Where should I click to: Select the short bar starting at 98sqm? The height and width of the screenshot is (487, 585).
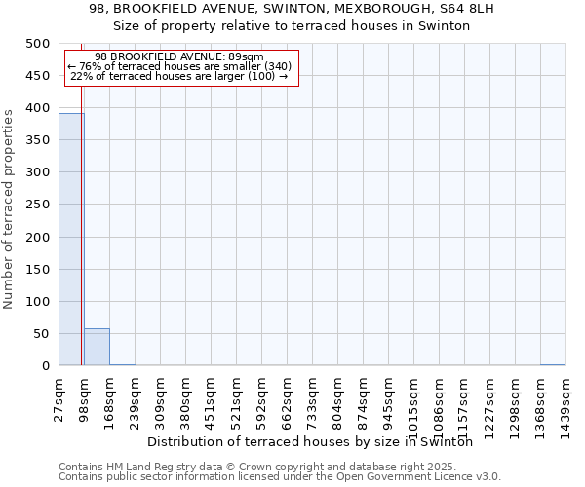pos(97,347)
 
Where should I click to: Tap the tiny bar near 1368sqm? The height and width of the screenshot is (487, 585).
pos(553,364)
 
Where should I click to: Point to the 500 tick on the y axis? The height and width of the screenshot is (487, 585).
pos(38,44)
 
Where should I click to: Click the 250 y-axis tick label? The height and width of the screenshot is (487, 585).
pos(38,205)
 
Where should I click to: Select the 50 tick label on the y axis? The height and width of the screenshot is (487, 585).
pos(42,333)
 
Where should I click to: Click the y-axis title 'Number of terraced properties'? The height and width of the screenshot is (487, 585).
pos(10,208)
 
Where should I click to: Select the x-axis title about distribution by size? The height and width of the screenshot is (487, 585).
pos(317,441)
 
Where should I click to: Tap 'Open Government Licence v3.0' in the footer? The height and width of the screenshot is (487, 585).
pos(419,476)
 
